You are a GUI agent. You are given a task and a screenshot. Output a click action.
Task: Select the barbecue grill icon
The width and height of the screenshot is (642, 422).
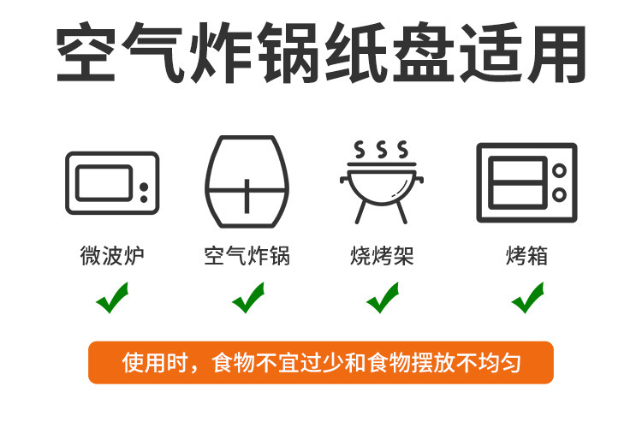pyautogui.click(x=382, y=182)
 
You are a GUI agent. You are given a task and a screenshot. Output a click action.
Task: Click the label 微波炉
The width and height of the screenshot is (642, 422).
pyautogui.click(x=112, y=256)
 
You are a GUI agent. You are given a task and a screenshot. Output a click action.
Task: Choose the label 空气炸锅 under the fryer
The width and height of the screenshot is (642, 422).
pyautogui.click(x=247, y=256)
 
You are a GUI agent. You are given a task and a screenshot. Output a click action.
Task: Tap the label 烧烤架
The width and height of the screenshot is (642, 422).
pyautogui.click(x=382, y=256)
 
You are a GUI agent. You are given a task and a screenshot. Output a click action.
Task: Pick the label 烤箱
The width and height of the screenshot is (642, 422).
pyautogui.click(x=527, y=256)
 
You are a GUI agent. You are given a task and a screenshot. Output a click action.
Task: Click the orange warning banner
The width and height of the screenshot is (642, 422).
pyautogui.click(x=321, y=363)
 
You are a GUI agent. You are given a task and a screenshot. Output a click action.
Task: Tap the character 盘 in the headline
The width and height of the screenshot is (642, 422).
pyautogui.click(x=424, y=52)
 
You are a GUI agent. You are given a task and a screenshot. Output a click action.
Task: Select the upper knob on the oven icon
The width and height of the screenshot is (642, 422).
pyautogui.click(x=559, y=170)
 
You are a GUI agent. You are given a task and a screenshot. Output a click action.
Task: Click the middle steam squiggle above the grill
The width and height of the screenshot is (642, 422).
pyautogui.click(x=382, y=150)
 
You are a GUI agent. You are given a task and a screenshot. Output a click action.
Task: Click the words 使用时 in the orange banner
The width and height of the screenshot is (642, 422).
pyautogui.click(x=154, y=363)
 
